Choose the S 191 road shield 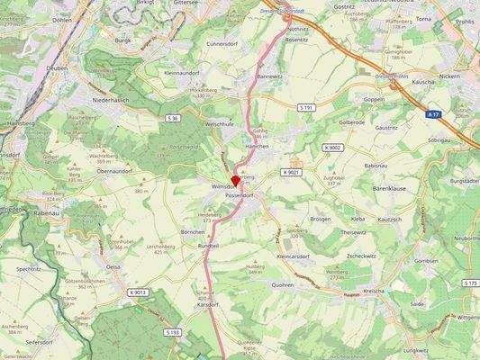[x=306, y=107]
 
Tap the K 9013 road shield [x=137, y=292]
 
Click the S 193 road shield [x=173, y=332]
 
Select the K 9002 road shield [x=332, y=148]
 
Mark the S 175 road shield [x=469, y=283]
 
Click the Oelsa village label [x=113, y=267]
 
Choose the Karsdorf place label [x=208, y=305]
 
